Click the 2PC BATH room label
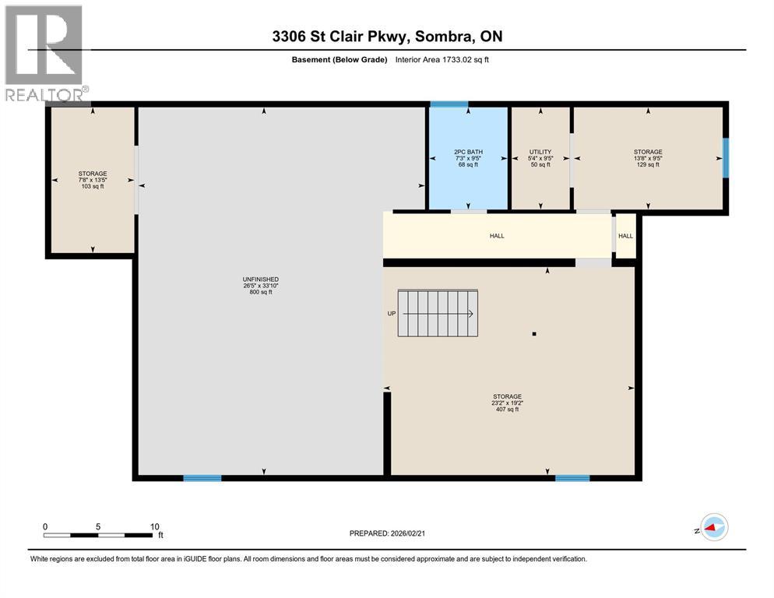tap(469, 158)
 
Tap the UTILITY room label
tap(540, 158)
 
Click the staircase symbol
tap(438, 313)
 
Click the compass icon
tap(713, 527)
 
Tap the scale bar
tap(98, 534)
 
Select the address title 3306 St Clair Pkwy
tap(386, 37)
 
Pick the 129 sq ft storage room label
tap(648, 158)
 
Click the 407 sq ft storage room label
tap(507, 403)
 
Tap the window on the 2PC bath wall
tap(449, 104)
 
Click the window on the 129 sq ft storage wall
tap(726, 158)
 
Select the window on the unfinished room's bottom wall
tap(202, 478)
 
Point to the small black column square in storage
tap(534, 334)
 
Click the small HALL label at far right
tap(625, 235)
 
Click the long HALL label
tap(497, 235)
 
